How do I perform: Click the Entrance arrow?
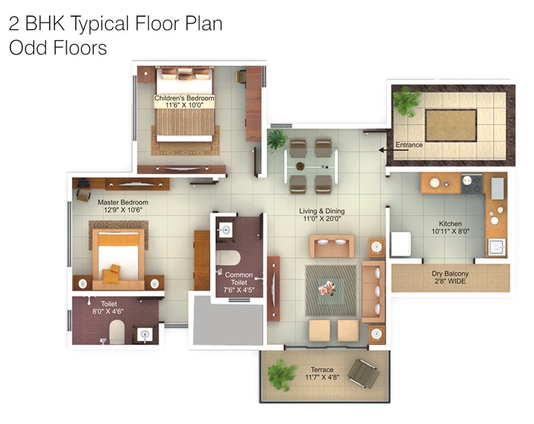[386, 150]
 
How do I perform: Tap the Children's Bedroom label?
[184, 98]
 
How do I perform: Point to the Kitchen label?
[450, 224]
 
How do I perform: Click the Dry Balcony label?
[450, 273]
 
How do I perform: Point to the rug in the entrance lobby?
[451, 125]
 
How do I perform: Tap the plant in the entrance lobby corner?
[406, 100]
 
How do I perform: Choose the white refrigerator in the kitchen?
[401, 245]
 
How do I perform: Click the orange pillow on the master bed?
[111, 274]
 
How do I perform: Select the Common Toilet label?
[239, 279]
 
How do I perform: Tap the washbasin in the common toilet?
[225, 231]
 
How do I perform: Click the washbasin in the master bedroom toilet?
[144, 334]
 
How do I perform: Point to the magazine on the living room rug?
[327, 289]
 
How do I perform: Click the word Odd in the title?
[27, 47]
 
